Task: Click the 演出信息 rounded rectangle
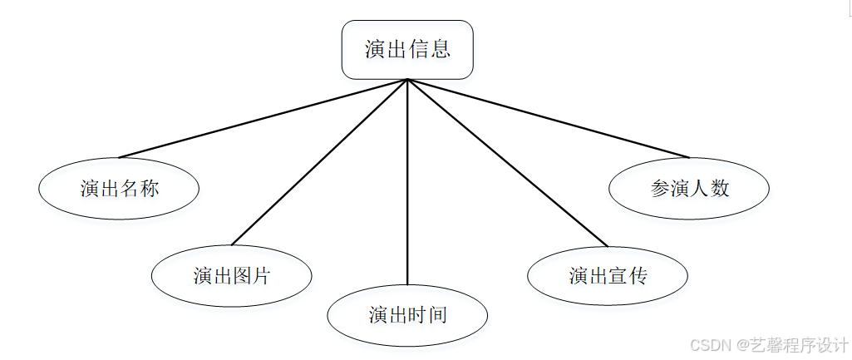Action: click(x=407, y=50)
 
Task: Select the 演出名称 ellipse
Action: click(x=119, y=189)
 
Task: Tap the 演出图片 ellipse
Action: click(x=231, y=275)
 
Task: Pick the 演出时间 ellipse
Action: click(x=407, y=315)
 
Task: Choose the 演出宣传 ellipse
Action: click(x=608, y=275)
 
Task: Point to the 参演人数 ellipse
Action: click(x=689, y=188)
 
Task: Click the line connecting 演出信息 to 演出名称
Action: click(x=263, y=118)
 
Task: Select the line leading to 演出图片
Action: click(x=319, y=163)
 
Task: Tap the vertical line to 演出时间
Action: click(x=407, y=183)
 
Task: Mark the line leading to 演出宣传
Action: click(x=507, y=163)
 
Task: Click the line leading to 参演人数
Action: click(x=549, y=118)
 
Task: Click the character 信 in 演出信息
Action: click(x=418, y=49)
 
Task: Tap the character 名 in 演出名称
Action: click(x=129, y=189)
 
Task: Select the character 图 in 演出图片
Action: click(x=241, y=275)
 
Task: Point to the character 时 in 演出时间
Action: click(x=417, y=315)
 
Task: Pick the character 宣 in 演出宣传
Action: click(x=618, y=275)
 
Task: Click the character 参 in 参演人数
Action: click(x=660, y=188)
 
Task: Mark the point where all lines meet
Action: click(x=407, y=80)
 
